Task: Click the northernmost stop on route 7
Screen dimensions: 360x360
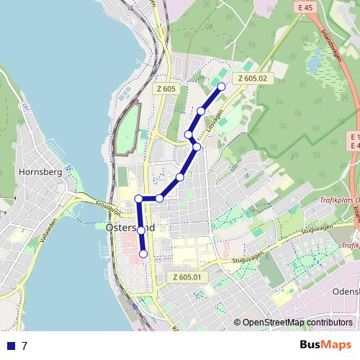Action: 221,86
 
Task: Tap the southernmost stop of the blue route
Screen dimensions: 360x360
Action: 143,253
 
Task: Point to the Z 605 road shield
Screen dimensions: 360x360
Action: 166,89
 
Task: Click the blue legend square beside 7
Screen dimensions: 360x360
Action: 10,346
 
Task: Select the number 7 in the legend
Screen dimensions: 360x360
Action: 24,346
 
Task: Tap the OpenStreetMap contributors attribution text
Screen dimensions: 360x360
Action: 297,323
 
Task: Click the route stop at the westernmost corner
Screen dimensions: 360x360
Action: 138,198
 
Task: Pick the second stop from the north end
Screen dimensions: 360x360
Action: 201,111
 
